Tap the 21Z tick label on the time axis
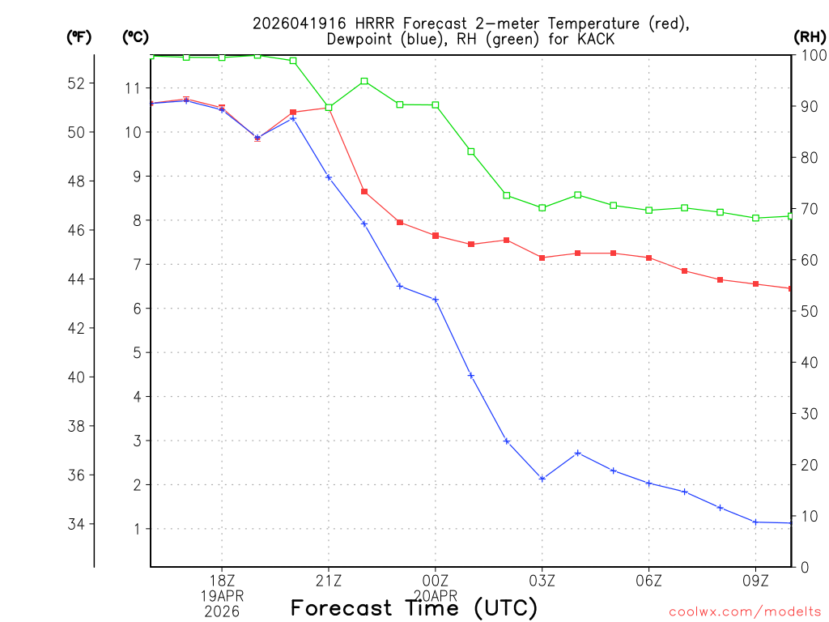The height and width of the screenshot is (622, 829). [x=328, y=581]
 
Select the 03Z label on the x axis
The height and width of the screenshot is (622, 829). [x=542, y=581]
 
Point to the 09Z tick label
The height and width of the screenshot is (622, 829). [x=755, y=581]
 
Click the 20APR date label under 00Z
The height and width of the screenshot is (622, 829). [x=435, y=595]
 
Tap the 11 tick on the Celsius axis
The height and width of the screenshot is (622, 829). [x=134, y=87]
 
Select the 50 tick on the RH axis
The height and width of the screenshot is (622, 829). [x=809, y=311]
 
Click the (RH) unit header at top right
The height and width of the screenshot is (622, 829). [x=810, y=36]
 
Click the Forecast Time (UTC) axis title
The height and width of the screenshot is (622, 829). [x=414, y=607]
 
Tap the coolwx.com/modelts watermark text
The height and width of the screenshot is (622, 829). [x=745, y=611]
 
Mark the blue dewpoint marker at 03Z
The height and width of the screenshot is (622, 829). [x=542, y=479]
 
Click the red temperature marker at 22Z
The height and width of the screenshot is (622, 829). [x=364, y=192]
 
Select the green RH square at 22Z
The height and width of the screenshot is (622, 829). [x=364, y=81]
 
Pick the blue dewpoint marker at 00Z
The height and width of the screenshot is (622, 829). [x=436, y=300]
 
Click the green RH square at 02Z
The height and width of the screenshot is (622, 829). [x=506, y=195]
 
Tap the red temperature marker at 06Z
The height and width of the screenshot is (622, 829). [x=648, y=258]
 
